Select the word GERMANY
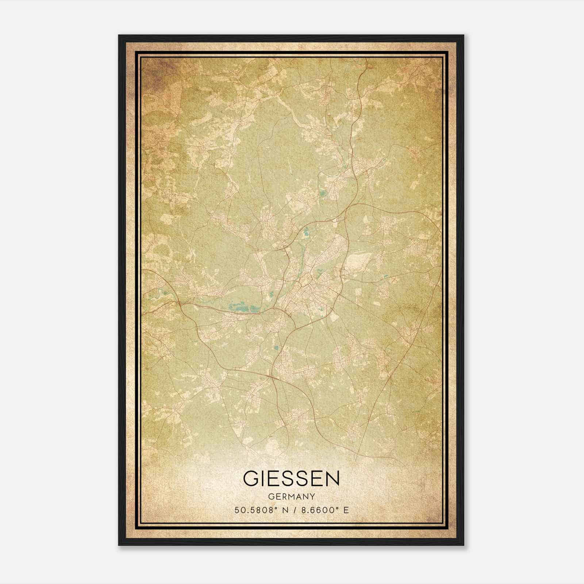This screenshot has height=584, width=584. [x=291, y=496]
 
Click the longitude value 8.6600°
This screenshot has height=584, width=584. [x=317, y=510]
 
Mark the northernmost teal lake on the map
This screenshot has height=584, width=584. [x=323, y=193]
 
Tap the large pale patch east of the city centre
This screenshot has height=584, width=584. [x=356, y=261]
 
